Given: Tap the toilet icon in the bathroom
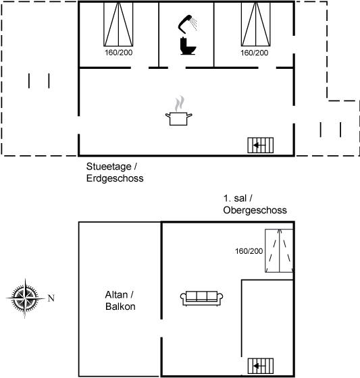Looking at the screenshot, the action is point(188,46).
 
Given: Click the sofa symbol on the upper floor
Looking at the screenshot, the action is point(201,298).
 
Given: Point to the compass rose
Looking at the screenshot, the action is point(26,298).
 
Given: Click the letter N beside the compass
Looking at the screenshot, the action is point(51,298).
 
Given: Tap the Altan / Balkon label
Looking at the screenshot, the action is point(120,300).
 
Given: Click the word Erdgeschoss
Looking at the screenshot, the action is point(115,178).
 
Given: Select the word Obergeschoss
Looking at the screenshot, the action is point(255,210).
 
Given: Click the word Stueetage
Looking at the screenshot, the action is point(109,166).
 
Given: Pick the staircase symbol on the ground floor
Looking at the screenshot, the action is point(261,145).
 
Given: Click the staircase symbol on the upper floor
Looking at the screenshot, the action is point(261,366).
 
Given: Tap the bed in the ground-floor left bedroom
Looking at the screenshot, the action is point(118,24).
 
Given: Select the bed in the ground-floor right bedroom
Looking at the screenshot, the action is point(256,24).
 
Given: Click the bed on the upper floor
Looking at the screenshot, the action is point(279,250).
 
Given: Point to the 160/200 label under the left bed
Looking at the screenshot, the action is point(118,53).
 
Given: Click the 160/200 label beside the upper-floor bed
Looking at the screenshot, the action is point(249,251).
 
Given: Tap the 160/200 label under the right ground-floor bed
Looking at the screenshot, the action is point(255,53).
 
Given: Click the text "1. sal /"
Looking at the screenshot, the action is point(238,198).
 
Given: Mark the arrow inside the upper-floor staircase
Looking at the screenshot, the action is point(259,366).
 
